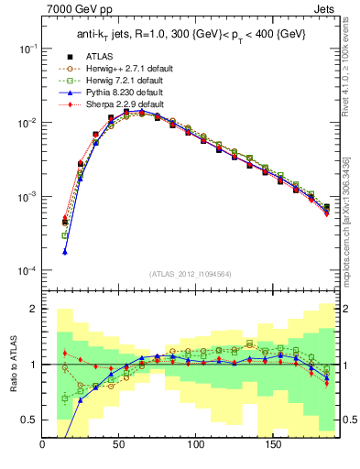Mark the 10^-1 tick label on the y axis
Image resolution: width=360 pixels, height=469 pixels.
click(x=27, y=48)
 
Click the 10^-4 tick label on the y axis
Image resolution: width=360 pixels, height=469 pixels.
click(x=27, y=271)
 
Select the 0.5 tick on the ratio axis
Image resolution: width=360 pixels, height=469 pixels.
click(x=29, y=420)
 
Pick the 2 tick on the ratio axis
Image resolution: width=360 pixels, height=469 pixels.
click(x=35, y=309)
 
